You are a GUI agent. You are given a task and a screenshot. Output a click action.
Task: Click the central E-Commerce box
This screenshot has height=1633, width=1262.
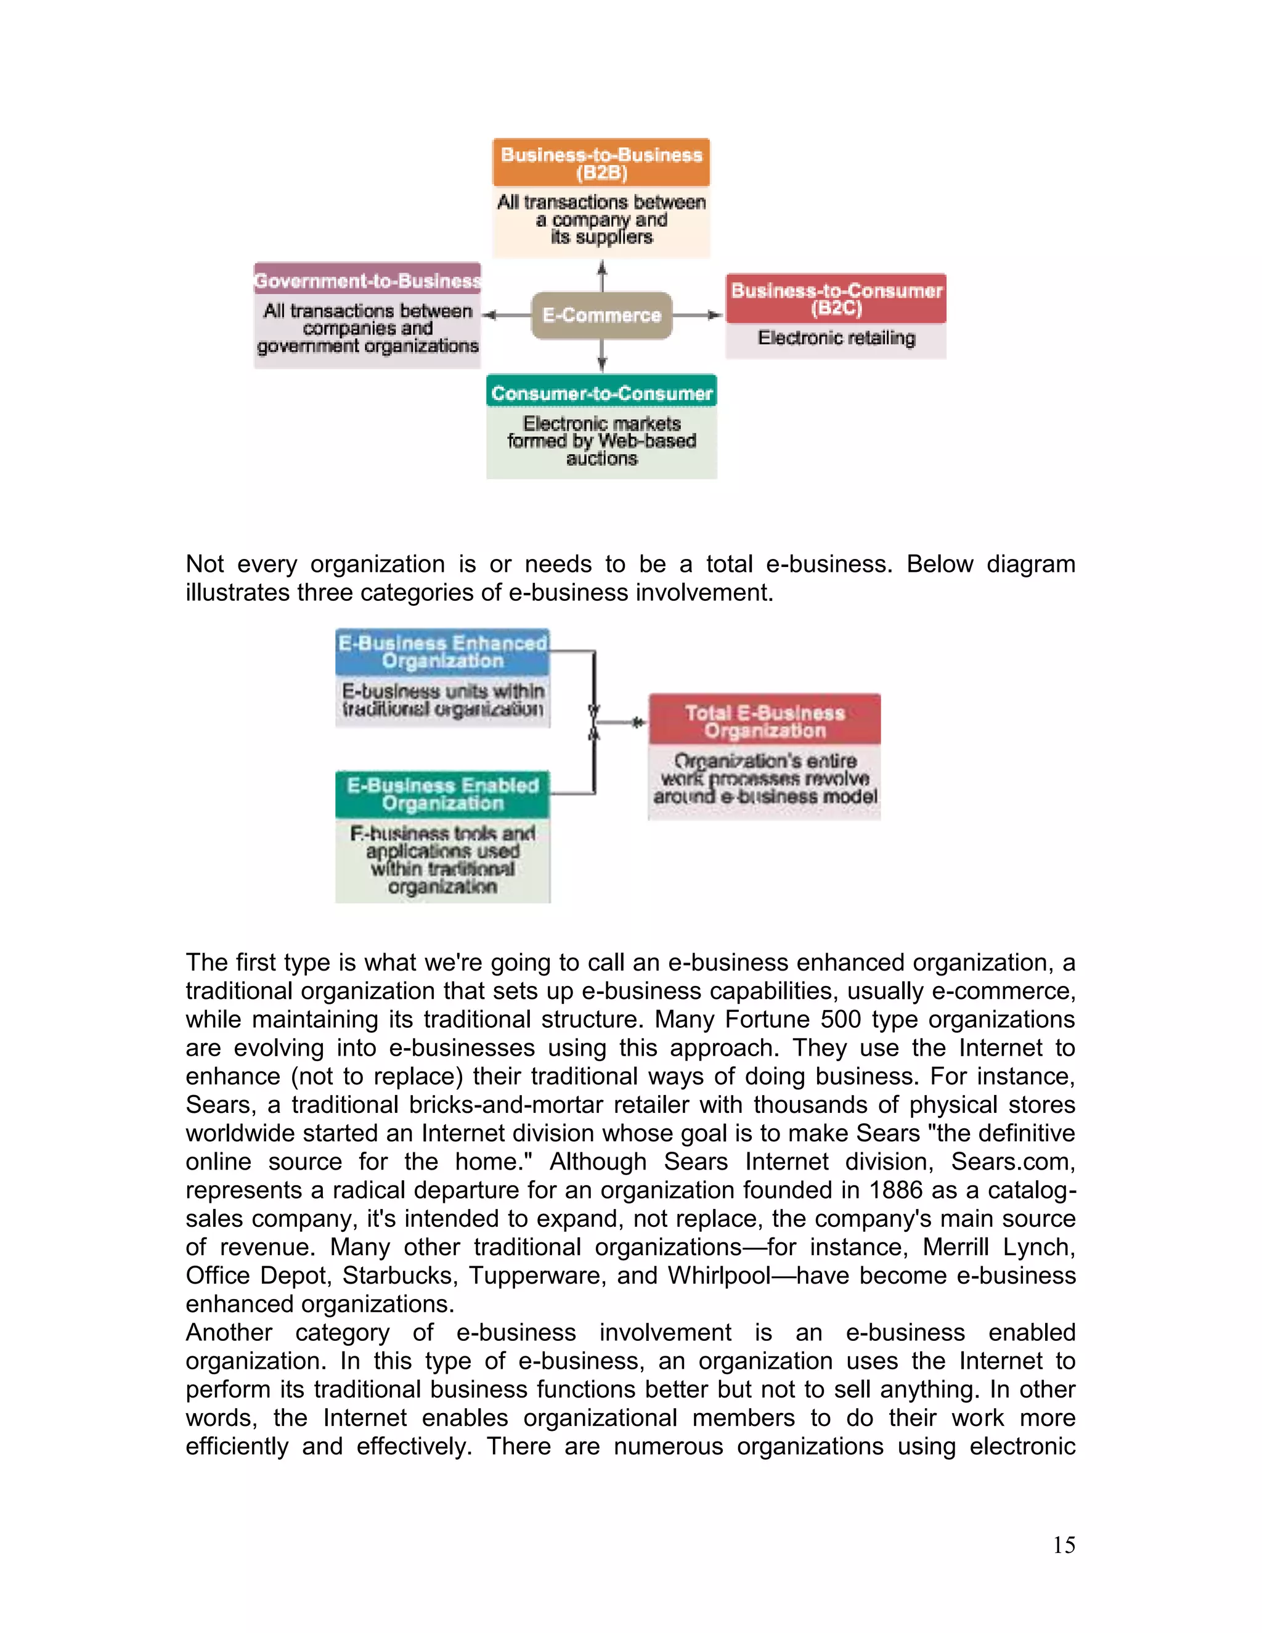pyautogui.click(x=602, y=316)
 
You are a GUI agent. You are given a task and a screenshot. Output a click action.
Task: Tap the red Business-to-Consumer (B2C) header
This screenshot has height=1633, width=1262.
pyautogui.click(x=836, y=299)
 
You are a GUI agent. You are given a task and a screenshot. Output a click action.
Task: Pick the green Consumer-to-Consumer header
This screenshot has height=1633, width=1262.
pyautogui.click(x=602, y=393)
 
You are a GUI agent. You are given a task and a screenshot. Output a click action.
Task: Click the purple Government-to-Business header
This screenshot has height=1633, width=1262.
pyautogui.click(x=367, y=280)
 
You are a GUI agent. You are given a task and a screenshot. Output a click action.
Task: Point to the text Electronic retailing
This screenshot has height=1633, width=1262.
pyautogui.click(x=836, y=338)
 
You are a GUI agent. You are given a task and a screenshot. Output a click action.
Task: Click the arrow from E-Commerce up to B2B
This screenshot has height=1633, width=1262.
pyautogui.click(x=602, y=276)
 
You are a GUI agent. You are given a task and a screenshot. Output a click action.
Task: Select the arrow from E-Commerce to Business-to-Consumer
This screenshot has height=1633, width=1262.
pyautogui.click(x=698, y=316)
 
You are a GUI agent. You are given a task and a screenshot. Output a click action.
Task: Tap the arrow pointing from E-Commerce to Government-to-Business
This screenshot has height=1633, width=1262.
pyautogui.click(x=506, y=316)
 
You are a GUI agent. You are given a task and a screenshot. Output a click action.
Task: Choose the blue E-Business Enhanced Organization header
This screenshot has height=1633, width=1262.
pyautogui.click(x=442, y=652)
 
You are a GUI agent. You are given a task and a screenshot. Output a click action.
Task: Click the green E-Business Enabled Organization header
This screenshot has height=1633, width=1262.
pyautogui.click(x=442, y=794)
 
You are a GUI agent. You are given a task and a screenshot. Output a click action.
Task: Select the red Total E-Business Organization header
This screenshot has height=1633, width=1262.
pyautogui.click(x=765, y=722)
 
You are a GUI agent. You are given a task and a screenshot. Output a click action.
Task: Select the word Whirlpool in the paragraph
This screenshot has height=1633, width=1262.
pyautogui.click(x=719, y=1276)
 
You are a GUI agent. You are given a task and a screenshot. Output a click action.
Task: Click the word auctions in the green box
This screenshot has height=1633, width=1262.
pyautogui.click(x=602, y=458)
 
